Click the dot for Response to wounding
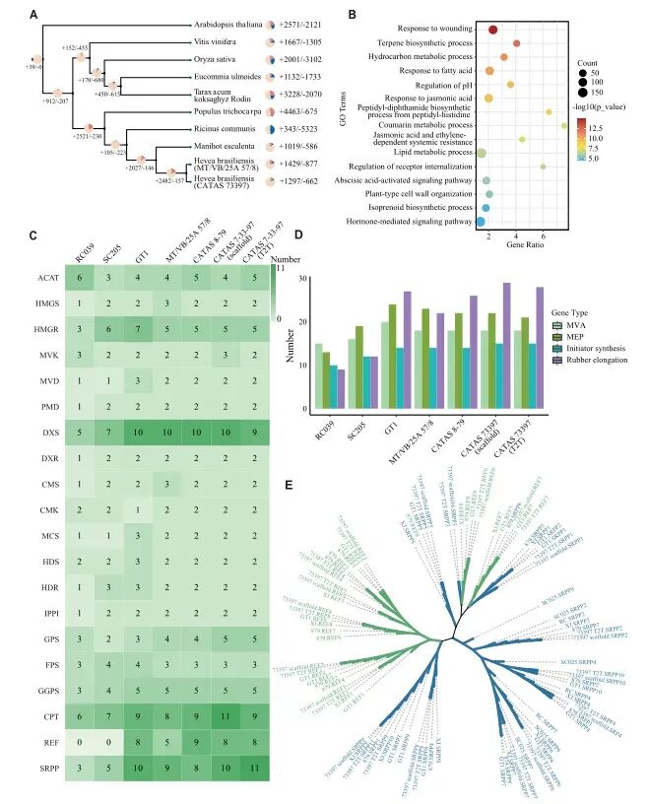pyautogui.click(x=491, y=30)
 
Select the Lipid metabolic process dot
pyautogui.click(x=482, y=153)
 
